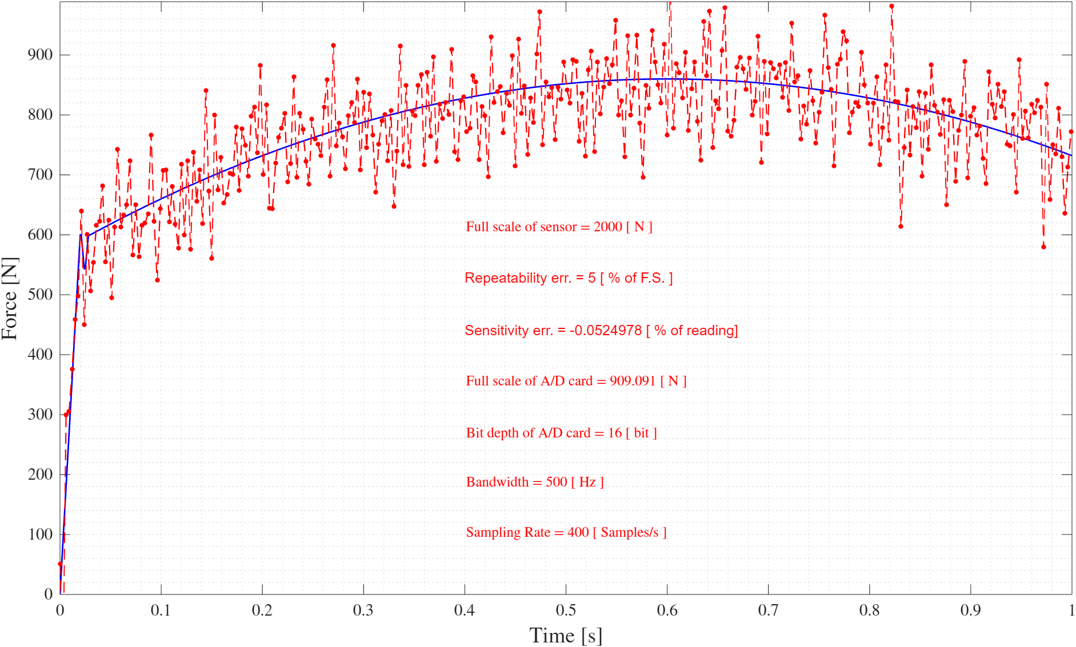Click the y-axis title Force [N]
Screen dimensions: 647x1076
tap(10, 299)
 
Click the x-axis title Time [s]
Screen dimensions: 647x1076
tap(565, 636)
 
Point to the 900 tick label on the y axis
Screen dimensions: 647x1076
tap(40, 55)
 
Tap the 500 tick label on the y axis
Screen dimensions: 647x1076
tap(40, 295)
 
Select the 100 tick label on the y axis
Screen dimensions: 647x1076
tap(40, 535)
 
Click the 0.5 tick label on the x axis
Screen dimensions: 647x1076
tap(566, 610)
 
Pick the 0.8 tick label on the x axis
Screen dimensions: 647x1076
tap(869, 610)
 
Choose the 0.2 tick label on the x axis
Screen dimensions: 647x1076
tap(262, 610)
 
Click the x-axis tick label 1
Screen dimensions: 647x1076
tap(1071, 610)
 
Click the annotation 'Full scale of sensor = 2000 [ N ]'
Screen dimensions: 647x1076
tap(559, 227)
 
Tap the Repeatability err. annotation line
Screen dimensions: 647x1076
tap(569, 278)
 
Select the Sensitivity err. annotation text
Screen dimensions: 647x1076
tap(601, 331)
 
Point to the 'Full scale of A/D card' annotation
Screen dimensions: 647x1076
tap(576, 381)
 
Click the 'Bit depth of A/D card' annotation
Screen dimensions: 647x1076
tap(561, 433)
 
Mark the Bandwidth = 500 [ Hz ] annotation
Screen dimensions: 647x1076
tap(535, 482)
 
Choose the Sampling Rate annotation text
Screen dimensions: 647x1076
tap(566, 532)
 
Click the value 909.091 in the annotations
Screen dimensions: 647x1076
tap(633, 381)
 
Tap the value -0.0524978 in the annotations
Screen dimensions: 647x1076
tap(605, 331)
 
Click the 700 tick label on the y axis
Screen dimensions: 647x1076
tap(40, 175)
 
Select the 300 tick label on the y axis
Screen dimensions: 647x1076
tap(40, 415)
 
